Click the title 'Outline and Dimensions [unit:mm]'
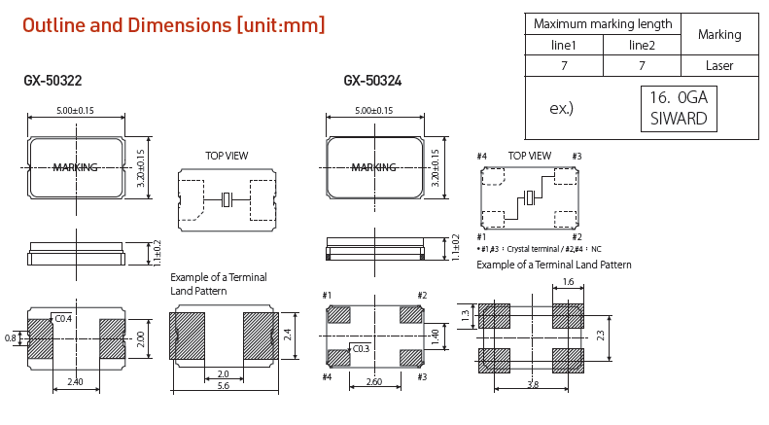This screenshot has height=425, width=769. tap(173, 26)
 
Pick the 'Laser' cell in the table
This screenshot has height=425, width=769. tap(719, 66)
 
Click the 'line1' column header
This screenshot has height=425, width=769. tap(564, 46)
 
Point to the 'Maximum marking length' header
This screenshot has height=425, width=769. tap(603, 24)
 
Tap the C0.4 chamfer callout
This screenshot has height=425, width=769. tap(63, 318)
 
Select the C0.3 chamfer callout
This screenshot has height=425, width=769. tap(361, 348)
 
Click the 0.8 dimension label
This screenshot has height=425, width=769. tap(11, 337)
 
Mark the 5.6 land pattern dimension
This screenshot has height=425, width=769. tap(223, 386)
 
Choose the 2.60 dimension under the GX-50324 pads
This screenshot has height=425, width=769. tap(374, 382)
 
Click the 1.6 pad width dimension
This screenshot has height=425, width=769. tap(568, 282)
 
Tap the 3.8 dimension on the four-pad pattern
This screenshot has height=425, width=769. tap(532, 384)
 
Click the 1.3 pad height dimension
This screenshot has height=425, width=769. tap(465, 315)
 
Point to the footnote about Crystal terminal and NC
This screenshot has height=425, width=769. tap(539, 249)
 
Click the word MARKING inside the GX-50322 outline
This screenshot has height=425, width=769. tap(75, 167)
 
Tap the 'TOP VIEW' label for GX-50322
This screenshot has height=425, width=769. tap(227, 156)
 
